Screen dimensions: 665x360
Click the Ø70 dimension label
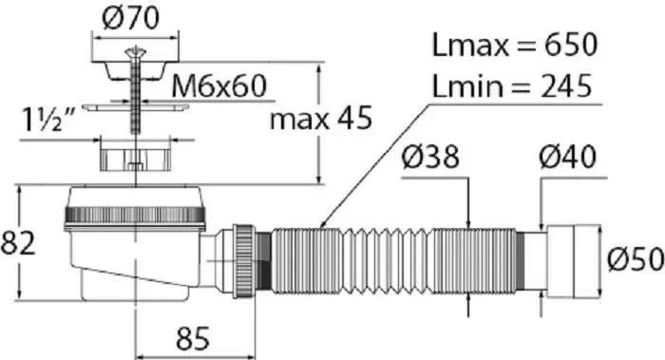[131, 18]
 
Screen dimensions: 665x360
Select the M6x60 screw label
[218, 85]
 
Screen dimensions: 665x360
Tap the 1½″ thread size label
[47, 119]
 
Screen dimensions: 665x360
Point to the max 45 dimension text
[321, 118]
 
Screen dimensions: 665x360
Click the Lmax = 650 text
[515, 45]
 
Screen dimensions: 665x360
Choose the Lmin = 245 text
[511, 85]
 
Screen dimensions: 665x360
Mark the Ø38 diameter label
[430, 157]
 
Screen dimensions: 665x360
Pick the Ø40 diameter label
[567, 157]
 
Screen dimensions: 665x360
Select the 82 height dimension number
[18, 243]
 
